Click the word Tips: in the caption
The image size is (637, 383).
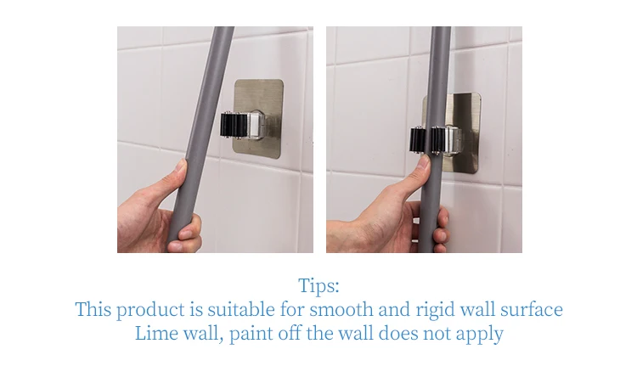pyautogui.click(x=318, y=285)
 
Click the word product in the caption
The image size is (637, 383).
pyautogui.click(x=150, y=309)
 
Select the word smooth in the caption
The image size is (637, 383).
pyautogui.click(x=341, y=309)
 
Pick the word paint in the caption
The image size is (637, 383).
pyautogui.click(x=251, y=335)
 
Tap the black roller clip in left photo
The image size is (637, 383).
pyautogui.click(x=234, y=125)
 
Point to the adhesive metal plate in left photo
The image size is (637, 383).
pyautogui.click(x=258, y=116)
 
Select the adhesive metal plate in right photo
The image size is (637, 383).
pyautogui.click(x=451, y=133)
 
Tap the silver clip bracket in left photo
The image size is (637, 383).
pyautogui.click(x=256, y=125)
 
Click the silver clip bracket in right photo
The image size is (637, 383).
pyautogui.click(x=452, y=140)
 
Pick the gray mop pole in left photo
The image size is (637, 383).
pyautogui.click(x=198, y=138)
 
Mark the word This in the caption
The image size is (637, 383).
pyautogui.click(x=93, y=309)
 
